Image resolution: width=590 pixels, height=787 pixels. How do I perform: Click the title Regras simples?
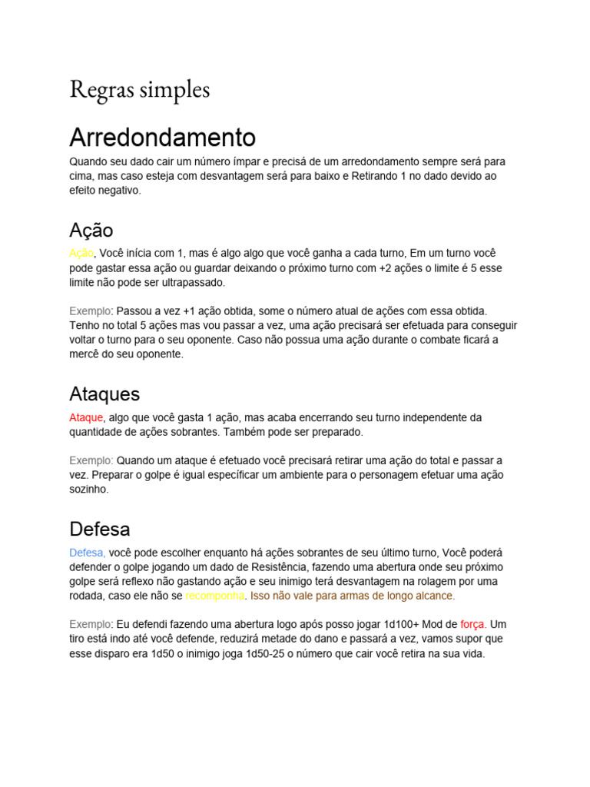coord(139,89)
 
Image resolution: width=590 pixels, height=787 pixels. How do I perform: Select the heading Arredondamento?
coord(162,138)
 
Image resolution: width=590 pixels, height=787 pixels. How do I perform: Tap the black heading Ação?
coord(91,230)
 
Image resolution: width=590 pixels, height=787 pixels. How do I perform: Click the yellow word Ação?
coord(81,253)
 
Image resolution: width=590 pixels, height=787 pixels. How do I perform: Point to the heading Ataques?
coord(104,394)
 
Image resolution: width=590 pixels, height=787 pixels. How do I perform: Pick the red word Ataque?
coord(86,417)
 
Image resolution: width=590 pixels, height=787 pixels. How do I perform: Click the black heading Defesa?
coord(100,529)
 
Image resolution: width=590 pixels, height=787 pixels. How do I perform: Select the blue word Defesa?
coord(87,553)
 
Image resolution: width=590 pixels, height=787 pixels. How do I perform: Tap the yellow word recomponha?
coord(215,596)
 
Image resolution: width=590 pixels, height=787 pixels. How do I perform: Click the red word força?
coord(472,624)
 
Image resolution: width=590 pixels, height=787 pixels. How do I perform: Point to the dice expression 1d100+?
coord(389,624)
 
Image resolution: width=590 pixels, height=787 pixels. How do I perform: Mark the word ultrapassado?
coord(192,282)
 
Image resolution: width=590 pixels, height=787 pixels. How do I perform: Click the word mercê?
coord(85,354)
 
